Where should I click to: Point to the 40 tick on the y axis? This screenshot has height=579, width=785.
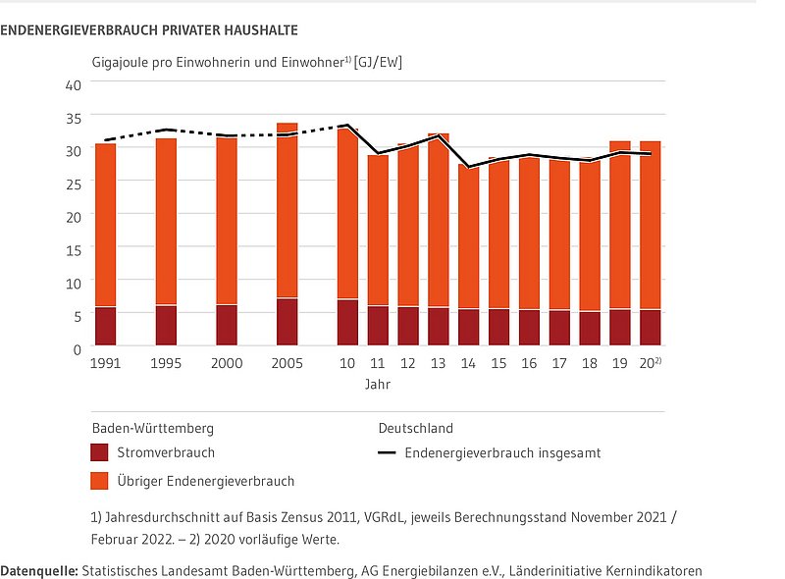[73, 84]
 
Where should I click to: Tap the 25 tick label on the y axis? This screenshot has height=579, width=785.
[73, 183]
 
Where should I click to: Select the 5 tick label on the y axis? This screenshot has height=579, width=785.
[77, 315]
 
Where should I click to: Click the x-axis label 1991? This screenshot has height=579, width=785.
[105, 363]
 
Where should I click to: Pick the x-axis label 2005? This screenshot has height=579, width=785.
[287, 363]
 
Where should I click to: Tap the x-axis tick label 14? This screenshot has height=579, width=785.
[468, 363]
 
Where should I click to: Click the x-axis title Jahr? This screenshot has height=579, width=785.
[377, 385]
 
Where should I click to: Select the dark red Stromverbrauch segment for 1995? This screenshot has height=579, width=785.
[166, 326]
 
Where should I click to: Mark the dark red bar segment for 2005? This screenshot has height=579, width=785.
[287, 322]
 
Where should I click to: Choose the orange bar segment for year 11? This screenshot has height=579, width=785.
[378, 231]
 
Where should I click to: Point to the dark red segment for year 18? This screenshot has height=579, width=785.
[590, 329]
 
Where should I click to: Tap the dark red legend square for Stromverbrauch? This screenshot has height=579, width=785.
[99, 452]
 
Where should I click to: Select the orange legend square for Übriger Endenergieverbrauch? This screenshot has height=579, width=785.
[99, 481]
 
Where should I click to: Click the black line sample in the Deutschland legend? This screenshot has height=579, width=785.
[387, 453]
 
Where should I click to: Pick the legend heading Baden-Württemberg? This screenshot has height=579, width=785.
[152, 429]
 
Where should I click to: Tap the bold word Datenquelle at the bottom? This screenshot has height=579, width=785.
[39, 570]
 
